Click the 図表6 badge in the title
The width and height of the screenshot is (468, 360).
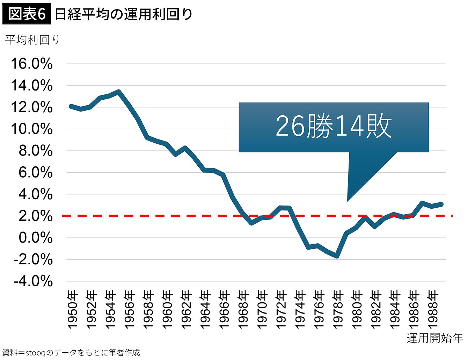[x=27, y=14]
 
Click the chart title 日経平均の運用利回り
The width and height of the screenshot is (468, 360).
[x=124, y=14]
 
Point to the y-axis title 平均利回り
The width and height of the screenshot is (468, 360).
[x=32, y=40]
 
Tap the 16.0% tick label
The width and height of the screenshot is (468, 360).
[x=32, y=64]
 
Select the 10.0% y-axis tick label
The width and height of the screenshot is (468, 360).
[x=32, y=129]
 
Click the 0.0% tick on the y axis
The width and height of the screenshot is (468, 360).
[x=36, y=238]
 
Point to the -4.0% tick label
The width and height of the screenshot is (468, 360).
[x=33, y=281]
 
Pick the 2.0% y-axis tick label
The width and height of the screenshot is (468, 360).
[x=36, y=216]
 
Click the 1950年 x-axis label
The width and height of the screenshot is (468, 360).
[x=73, y=309]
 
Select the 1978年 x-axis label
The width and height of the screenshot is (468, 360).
[x=338, y=309]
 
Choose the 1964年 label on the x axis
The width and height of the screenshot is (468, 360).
[x=205, y=309]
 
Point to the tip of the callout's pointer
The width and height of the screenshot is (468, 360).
[x=347, y=201]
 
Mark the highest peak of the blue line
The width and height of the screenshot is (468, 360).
[x=118, y=92]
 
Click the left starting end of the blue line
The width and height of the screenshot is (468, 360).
[x=71, y=106]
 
